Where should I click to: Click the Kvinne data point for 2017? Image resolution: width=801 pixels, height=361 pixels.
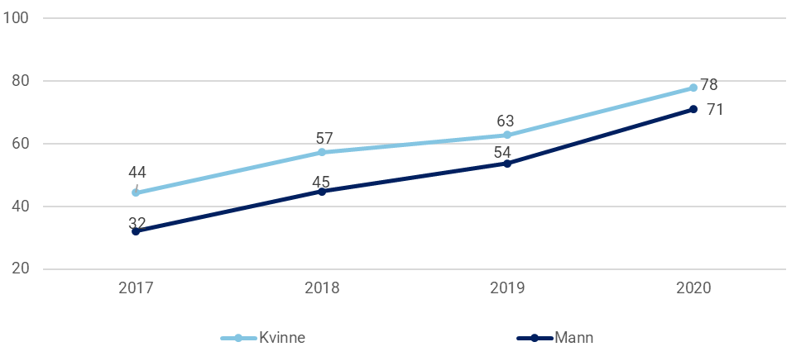[x=136, y=192]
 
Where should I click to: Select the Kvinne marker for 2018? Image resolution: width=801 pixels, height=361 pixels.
[x=322, y=152]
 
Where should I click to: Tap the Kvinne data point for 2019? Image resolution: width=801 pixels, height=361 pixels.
[x=507, y=135]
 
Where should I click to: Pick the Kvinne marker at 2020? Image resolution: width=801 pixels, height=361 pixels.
[x=693, y=88]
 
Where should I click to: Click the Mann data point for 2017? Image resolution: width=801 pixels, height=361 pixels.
[x=136, y=231]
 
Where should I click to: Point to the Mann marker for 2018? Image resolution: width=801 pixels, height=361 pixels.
[x=322, y=191]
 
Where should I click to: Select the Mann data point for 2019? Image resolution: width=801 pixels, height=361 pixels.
[x=507, y=163]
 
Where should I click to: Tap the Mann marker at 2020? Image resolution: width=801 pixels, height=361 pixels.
[x=693, y=109]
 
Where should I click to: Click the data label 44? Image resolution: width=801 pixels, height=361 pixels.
[x=138, y=172]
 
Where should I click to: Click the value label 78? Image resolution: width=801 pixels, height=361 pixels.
[x=708, y=85]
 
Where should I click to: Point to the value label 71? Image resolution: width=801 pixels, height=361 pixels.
[x=715, y=109]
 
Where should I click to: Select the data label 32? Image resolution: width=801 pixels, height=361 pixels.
[x=138, y=222]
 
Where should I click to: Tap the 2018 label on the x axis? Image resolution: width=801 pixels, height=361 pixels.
[x=322, y=288]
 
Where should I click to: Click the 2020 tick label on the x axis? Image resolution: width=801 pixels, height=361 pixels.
[x=693, y=288]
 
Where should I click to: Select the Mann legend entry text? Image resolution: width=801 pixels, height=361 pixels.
[x=573, y=337]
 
